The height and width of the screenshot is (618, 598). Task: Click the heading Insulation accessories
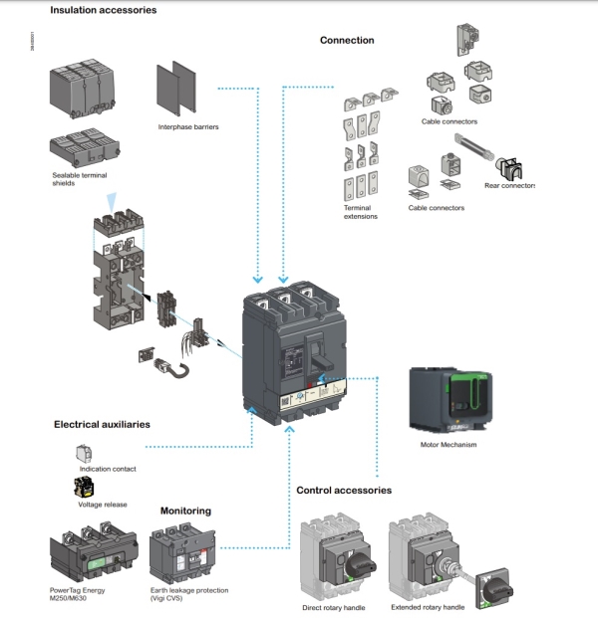[103, 10]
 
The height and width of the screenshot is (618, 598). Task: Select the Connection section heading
[347, 41]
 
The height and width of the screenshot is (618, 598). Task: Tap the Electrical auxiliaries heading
[102, 424]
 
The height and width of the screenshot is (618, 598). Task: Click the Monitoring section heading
[185, 511]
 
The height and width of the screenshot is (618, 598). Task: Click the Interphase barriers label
[188, 127]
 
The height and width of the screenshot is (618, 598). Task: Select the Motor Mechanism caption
[450, 445]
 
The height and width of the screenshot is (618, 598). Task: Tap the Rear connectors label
[510, 186]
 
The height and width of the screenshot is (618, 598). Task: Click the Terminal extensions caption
[361, 211]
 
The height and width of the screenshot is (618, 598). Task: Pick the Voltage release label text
[103, 505]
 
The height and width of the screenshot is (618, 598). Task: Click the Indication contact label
[109, 468]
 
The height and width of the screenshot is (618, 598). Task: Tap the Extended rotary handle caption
[430, 607]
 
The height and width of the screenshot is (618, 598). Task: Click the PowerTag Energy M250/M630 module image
[90, 550]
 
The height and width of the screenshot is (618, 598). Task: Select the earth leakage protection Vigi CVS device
[183, 551]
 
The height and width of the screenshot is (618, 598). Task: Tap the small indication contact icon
[84, 453]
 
